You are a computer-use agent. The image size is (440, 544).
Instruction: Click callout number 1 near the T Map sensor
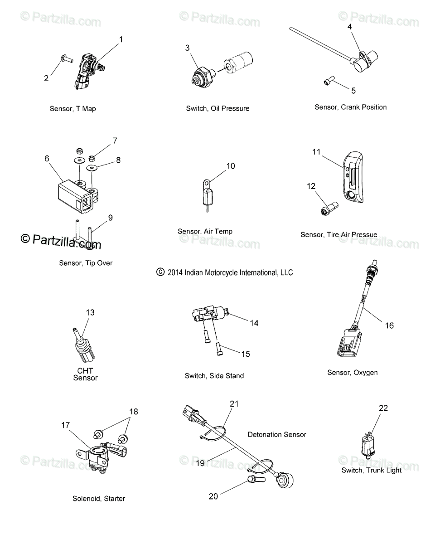121,39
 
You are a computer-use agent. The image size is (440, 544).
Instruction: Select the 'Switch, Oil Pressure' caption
218,108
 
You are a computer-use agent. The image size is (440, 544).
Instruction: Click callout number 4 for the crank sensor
349,26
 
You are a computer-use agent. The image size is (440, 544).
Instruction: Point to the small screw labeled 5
329,81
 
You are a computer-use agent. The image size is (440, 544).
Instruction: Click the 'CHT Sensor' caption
85,374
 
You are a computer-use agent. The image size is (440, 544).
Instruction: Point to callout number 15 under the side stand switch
245,354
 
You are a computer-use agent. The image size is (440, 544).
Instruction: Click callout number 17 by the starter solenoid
66,425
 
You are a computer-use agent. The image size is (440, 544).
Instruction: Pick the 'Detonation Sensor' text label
277,434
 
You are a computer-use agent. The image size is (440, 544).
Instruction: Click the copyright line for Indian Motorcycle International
225,272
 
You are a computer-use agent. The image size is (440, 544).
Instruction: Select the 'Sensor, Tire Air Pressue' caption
338,234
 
